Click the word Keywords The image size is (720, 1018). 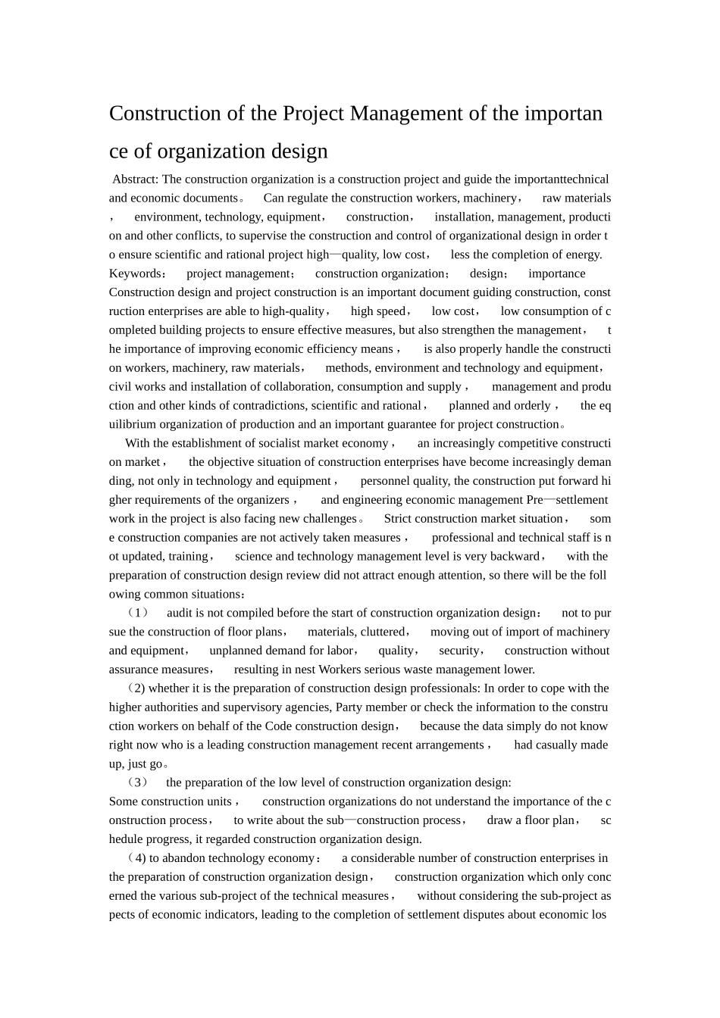pos(135,273)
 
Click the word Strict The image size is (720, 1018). pos(398,519)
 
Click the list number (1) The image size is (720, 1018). pos(138,613)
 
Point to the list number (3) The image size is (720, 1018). pos(138,782)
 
